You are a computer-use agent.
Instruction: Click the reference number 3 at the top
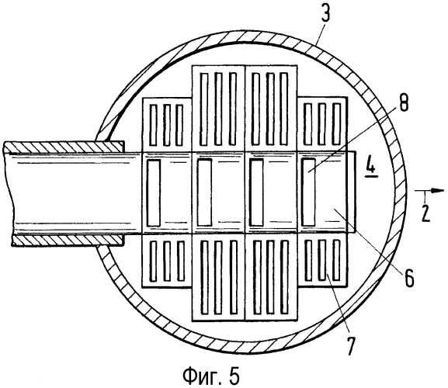tap(326, 12)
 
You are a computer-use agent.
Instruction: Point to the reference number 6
tap(409, 277)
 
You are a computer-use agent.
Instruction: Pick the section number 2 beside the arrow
tap(425, 212)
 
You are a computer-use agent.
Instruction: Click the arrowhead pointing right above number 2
tap(437, 191)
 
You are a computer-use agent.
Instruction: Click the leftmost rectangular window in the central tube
tap(154, 192)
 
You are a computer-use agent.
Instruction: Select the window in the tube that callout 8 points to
tap(309, 192)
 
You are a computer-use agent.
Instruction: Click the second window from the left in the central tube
tap(204, 192)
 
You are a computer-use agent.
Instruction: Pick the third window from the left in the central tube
tap(256, 192)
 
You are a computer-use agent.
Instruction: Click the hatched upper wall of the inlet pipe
tap(64, 147)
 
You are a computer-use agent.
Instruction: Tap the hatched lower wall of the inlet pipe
tap(68, 240)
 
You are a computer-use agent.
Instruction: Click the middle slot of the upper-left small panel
tap(167, 125)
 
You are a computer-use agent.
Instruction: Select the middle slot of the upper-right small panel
tap(322, 124)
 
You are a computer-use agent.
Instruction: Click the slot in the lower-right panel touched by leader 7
tap(322, 260)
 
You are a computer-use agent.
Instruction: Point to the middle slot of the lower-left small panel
tap(167, 261)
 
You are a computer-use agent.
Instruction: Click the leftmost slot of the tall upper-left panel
tap(203, 109)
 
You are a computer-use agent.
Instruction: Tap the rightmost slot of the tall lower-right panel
tap(284, 277)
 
